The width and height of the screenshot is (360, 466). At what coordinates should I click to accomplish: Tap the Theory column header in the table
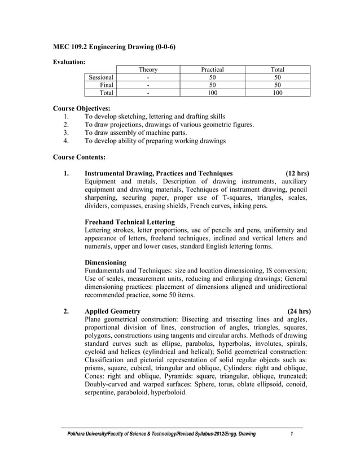coord(148,69)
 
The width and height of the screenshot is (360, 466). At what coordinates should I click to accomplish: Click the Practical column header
coord(212,69)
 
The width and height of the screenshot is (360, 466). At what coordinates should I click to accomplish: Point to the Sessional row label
coord(102,77)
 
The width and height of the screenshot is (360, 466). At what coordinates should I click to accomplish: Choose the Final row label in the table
coord(106,85)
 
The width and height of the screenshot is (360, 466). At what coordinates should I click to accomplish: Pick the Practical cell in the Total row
coord(212,93)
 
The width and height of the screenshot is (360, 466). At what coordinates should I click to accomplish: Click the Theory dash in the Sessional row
coord(148,77)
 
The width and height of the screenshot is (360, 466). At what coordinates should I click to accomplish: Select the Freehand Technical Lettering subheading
coord(129,222)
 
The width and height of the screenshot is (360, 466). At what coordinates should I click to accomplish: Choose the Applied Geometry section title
coord(113,311)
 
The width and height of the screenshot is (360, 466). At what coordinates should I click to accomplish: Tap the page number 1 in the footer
coord(292,434)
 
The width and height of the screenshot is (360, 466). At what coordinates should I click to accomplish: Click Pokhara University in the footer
coord(90,434)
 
